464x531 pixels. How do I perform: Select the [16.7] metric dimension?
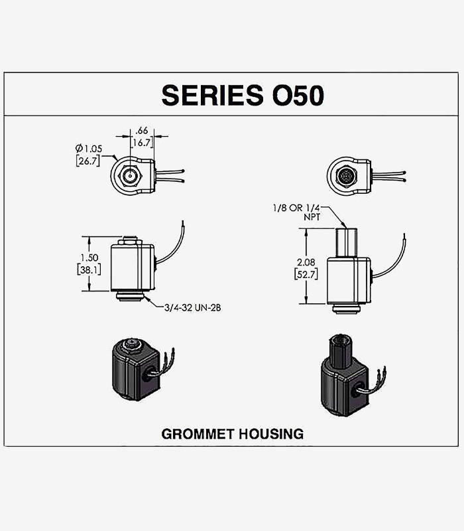click(x=142, y=141)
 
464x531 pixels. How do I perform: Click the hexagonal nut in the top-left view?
click(x=131, y=177)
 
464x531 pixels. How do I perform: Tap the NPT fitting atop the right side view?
click(x=348, y=242)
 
